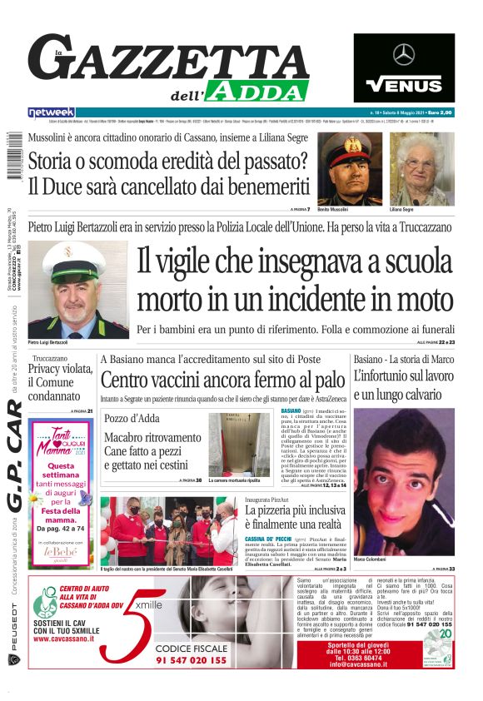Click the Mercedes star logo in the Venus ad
point(404,55)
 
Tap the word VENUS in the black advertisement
point(404,84)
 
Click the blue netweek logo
point(52,112)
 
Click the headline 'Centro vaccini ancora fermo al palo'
point(222,380)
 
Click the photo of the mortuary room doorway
point(239,444)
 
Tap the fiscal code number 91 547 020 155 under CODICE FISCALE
point(190,660)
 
